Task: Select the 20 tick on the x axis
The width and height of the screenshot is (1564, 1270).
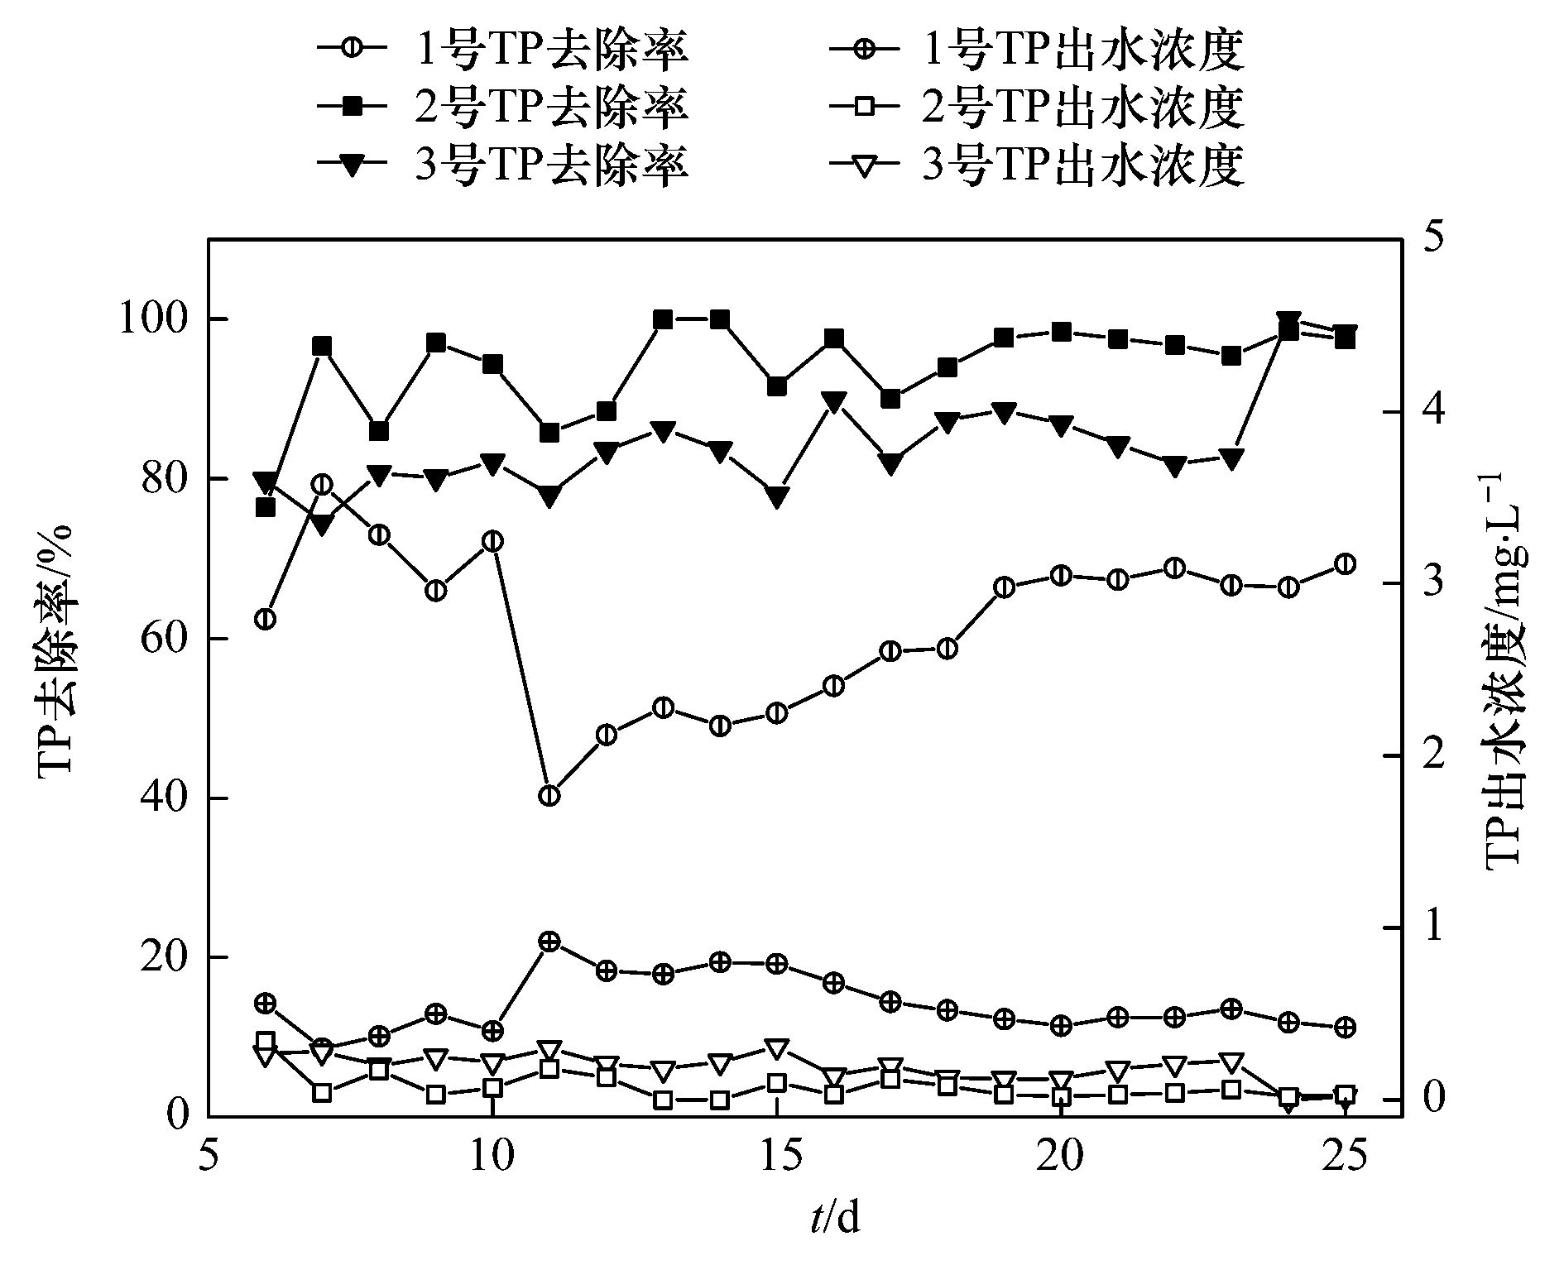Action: [1060, 1158]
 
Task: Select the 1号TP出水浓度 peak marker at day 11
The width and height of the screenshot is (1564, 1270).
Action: [549, 942]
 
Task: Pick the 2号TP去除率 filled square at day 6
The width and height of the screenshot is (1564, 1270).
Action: [266, 507]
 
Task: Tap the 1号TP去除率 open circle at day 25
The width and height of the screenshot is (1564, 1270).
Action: [1346, 564]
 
